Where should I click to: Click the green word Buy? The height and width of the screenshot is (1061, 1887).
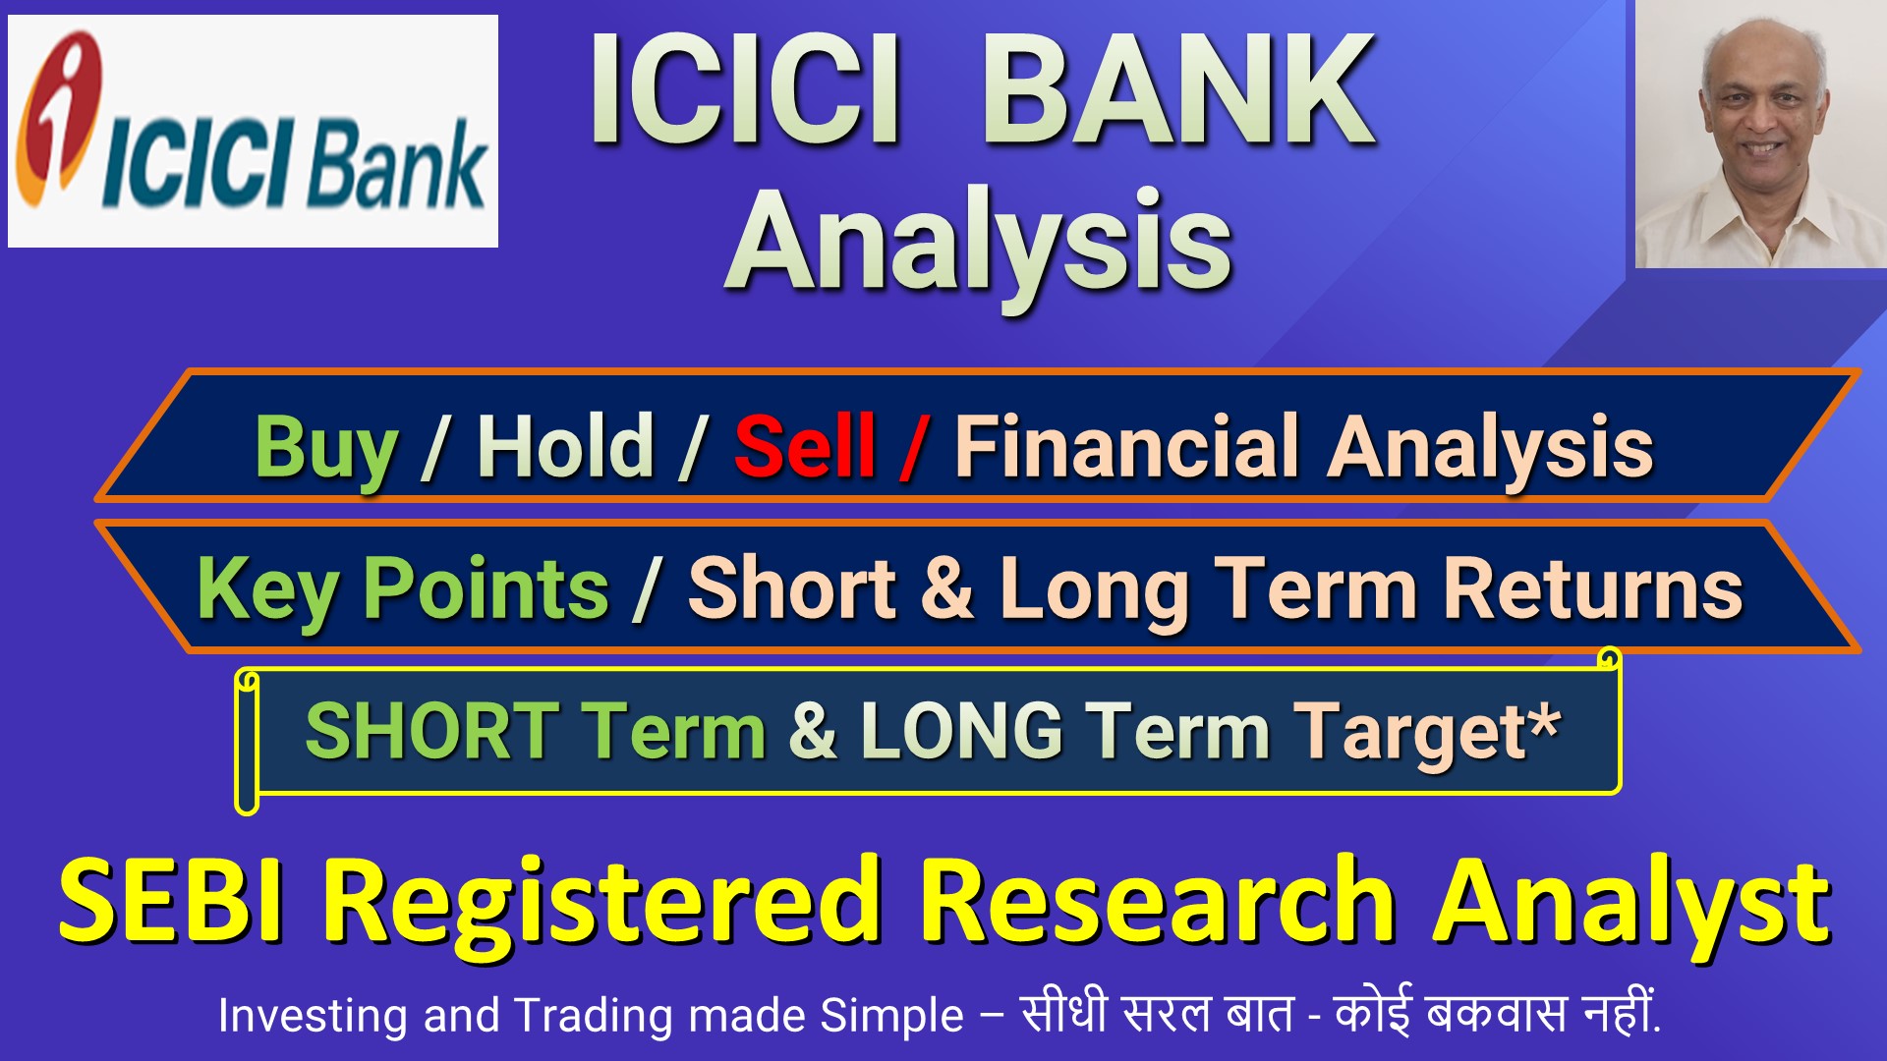coord(326,450)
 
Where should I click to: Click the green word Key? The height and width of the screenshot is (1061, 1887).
coord(268,591)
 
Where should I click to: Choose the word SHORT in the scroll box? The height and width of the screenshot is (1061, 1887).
coord(432,731)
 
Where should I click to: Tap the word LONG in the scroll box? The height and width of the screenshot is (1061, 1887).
coord(962,731)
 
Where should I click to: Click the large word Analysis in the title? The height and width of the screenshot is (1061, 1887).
coord(978,244)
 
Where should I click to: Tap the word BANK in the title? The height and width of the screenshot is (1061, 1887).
coord(1178,90)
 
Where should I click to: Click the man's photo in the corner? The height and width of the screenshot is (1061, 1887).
coord(1760,134)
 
